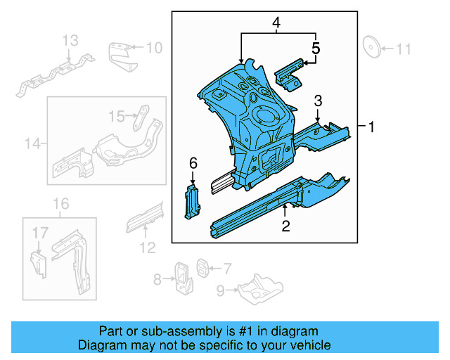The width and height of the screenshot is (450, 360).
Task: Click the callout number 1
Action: pos(372,127)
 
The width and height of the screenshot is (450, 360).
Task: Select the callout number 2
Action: pos(285,226)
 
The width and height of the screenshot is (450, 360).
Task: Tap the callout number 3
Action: pos(318,101)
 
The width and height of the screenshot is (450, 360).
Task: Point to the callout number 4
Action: pos(276,24)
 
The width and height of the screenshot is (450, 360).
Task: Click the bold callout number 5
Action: pos(316,49)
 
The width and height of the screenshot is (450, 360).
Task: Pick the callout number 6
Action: pos(193,164)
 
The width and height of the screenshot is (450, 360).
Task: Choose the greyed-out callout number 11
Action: pos(404,49)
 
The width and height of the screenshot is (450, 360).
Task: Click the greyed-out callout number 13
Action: pos(71,42)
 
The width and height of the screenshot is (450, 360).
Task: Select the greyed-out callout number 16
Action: pos(62,204)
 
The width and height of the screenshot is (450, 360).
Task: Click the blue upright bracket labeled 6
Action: pos(192,202)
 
